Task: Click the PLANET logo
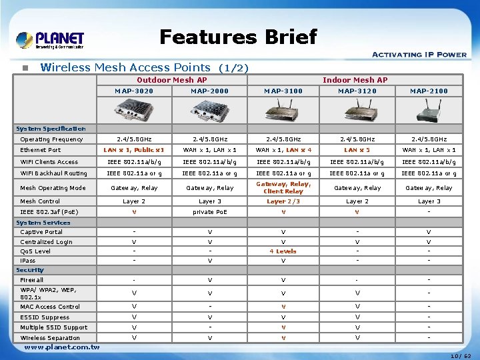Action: pyautogui.click(x=50, y=40)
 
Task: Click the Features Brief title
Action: pyautogui.click(x=238, y=37)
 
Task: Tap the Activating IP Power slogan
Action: pyautogui.click(x=419, y=55)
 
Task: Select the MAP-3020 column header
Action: pyautogui.click(x=134, y=91)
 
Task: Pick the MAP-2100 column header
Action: pyautogui.click(x=429, y=91)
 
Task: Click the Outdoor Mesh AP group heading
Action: pyautogui.click(x=172, y=80)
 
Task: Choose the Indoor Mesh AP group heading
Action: pyautogui.click(x=355, y=80)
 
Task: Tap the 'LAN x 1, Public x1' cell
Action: pyautogui.click(x=134, y=150)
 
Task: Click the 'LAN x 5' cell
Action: pyautogui.click(x=357, y=150)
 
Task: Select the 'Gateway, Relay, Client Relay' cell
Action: pyautogui.click(x=283, y=187)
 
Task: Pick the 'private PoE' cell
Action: pyautogui.click(x=209, y=212)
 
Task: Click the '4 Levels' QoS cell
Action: pyautogui.click(x=283, y=251)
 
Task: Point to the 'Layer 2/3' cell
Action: pyautogui.click(x=283, y=201)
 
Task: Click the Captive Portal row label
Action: pyautogui.click(x=41, y=232)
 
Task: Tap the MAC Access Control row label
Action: pyautogui.click(x=50, y=307)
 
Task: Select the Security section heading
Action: pyautogui.click(x=30, y=270)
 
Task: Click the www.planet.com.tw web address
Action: pyautogui.click(x=61, y=347)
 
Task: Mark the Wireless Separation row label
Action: pyautogui.click(x=50, y=338)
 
